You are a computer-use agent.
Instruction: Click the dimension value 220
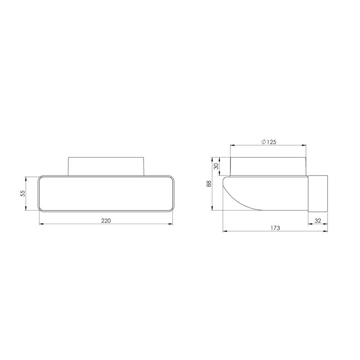[106, 220]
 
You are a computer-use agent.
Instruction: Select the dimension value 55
[22, 193]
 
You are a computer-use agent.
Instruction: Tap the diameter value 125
[270, 142]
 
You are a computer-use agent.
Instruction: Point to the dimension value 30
[216, 166]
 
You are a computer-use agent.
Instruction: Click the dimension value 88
[209, 184]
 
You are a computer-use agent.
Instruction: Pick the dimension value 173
[275, 228]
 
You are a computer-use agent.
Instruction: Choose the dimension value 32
[318, 220]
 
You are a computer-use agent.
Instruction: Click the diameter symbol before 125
[263, 142]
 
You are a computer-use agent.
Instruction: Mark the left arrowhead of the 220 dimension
[41, 224]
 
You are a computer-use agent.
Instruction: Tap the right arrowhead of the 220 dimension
[171, 224]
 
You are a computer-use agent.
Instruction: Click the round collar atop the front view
[106, 166]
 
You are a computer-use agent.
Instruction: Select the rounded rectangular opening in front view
[106, 193]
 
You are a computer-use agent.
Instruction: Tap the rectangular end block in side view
[318, 193]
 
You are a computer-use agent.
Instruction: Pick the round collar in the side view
[269, 166]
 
